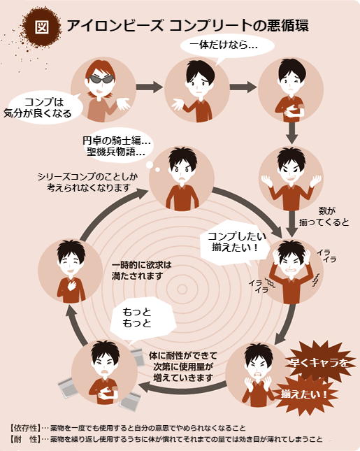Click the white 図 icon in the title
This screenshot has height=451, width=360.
pyautogui.click(x=42, y=27)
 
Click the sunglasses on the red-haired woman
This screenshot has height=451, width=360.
pyautogui.click(x=101, y=79)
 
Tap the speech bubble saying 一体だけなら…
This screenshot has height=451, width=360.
pyautogui.click(x=227, y=46)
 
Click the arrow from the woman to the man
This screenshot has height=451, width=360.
pyautogui.click(x=149, y=87)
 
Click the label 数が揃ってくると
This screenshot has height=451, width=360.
pyautogui.click(x=324, y=217)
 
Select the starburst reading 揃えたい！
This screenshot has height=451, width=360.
pyautogui.click(x=305, y=394)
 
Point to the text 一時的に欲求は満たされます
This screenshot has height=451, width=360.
pyautogui.click(x=141, y=271)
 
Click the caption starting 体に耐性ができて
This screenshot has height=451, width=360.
pyautogui.click(x=183, y=366)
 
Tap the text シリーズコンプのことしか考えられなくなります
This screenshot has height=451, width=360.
pyautogui.click(x=87, y=182)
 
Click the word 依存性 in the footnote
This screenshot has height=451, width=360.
pyautogui.click(x=26, y=428)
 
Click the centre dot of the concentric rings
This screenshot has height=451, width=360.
pyautogui.click(x=182, y=289)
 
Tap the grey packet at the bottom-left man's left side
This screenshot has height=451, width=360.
pyautogui.click(x=69, y=387)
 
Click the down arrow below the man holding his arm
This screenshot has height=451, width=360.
pyautogui.click(x=291, y=133)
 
